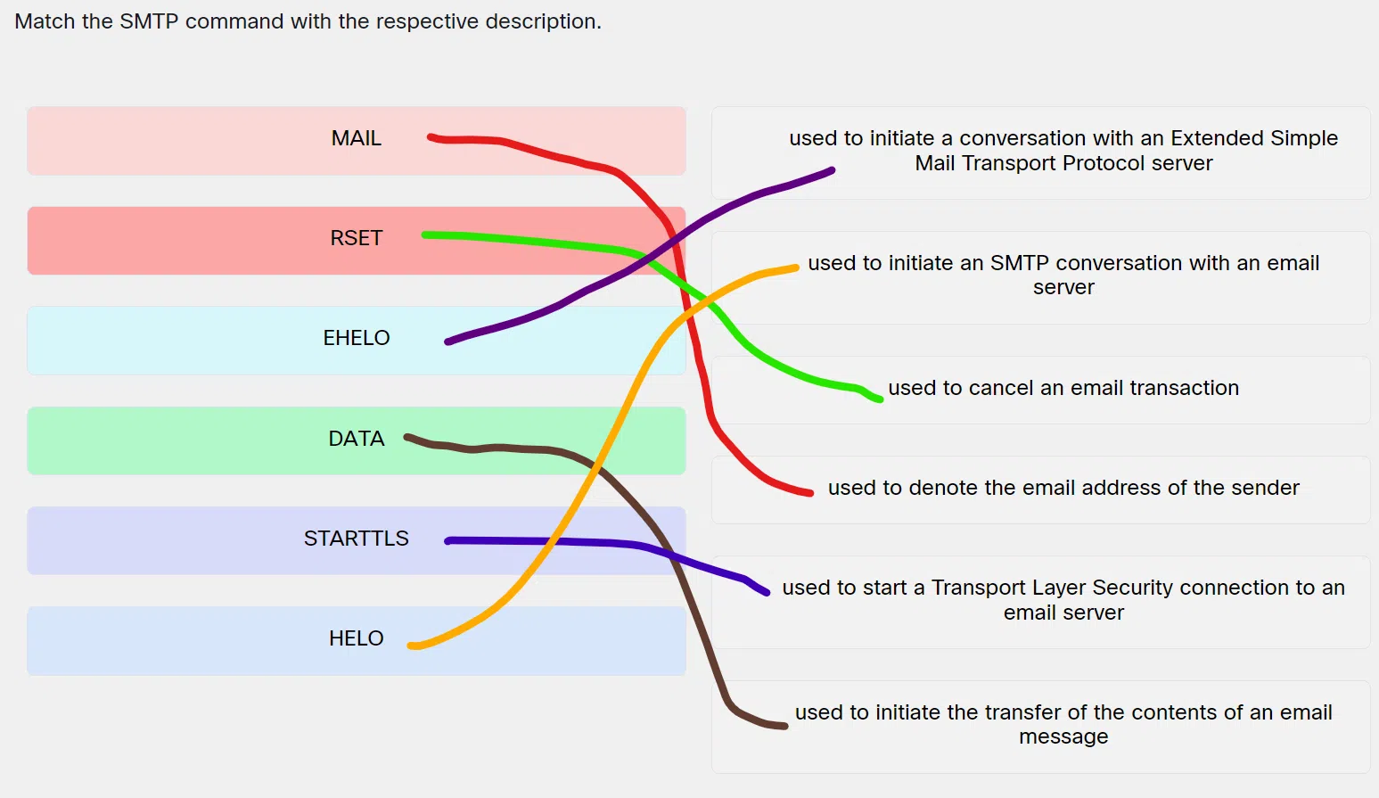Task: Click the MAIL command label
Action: pyautogui.click(x=356, y=138)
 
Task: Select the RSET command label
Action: pyautogui.click(x=356, y=238)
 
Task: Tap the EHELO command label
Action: pyautogui.click(x=356, y=337)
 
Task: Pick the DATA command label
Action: pyautogui.click(x=356, y=439)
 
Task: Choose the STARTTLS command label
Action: pyautogui.click(x=356, y=539)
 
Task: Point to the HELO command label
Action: pyautogui.click(x=356, y=638)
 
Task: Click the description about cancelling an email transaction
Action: pyautogui.click(x=1063, y=388)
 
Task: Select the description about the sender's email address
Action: pyautogui.click(x=1063, y=488)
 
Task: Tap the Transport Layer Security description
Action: pyautogui.click(x=1063, y=600)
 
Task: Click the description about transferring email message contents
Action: pyautogui.click(x=1063, y=724)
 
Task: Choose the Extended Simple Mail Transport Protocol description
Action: pyautogui.click(x=1063, y=151)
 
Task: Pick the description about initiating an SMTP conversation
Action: pyautogui.click(x=1063, y=275)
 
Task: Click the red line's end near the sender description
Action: pyautogui.click(x=811, y=492)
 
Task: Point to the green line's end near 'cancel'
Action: pyautogui.click(x=881, y=399)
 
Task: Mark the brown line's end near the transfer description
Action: pyautogui.click(x=785, y=726)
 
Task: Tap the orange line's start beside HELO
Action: pyautogui.click(x=410, y=646)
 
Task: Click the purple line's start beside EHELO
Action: pyautogui.click(x=447, y=341)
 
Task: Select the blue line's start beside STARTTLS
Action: pyautogui.click(x=447, y=541)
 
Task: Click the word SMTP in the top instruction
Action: pyautogui.click(x=149, y=21)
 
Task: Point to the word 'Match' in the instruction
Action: pyautogui.click(x=45, y=21)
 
